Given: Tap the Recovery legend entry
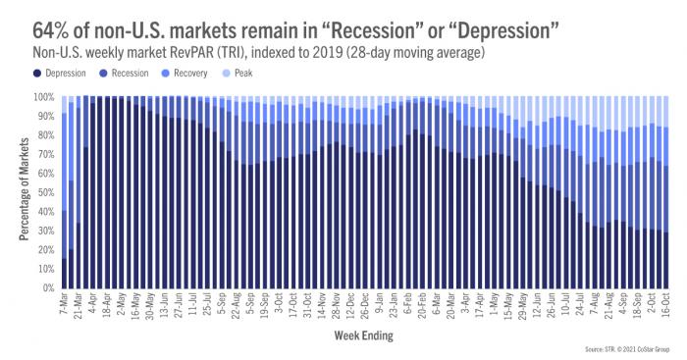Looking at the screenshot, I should click(x=200, y=74).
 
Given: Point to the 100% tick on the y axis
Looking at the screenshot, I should click(x=46, y=98).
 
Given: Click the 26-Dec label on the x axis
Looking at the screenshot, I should click(x=351, y=307).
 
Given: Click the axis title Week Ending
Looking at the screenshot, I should click(x=364, y=336).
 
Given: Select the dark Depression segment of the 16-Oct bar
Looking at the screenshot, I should click(x=666, y=260).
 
